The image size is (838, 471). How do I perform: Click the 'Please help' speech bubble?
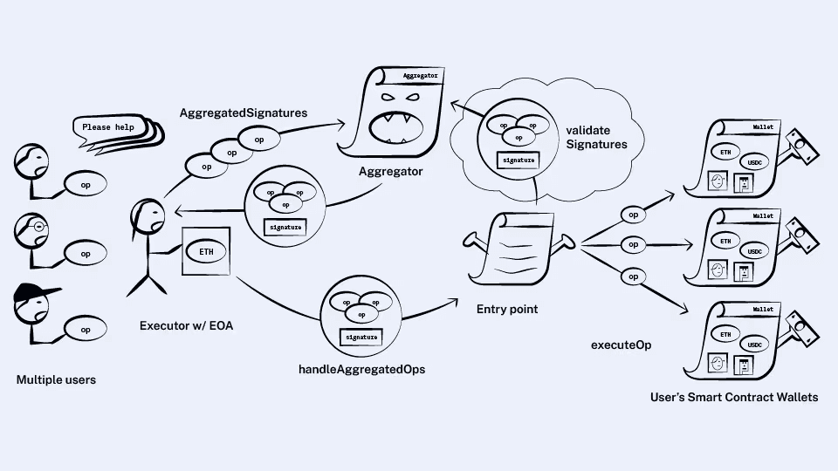[109, 127]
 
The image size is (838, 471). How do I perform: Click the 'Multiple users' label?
[56, 380]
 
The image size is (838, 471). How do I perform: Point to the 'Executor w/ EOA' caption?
[185, 326]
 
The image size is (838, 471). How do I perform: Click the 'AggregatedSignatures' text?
[244, 113]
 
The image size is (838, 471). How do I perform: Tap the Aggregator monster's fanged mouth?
[391, 129]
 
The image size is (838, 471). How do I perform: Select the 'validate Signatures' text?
[596, 136]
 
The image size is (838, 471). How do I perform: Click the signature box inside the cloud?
[516, 160]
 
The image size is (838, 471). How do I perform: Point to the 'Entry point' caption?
[507, 310]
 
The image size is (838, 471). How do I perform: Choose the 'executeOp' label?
[622, 345]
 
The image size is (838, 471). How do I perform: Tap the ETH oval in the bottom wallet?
[725, 334]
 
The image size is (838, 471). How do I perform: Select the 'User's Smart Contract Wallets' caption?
[734, 397]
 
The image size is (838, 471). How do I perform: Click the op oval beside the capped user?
[86, 330]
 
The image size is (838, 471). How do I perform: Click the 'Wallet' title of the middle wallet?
[762, 215]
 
